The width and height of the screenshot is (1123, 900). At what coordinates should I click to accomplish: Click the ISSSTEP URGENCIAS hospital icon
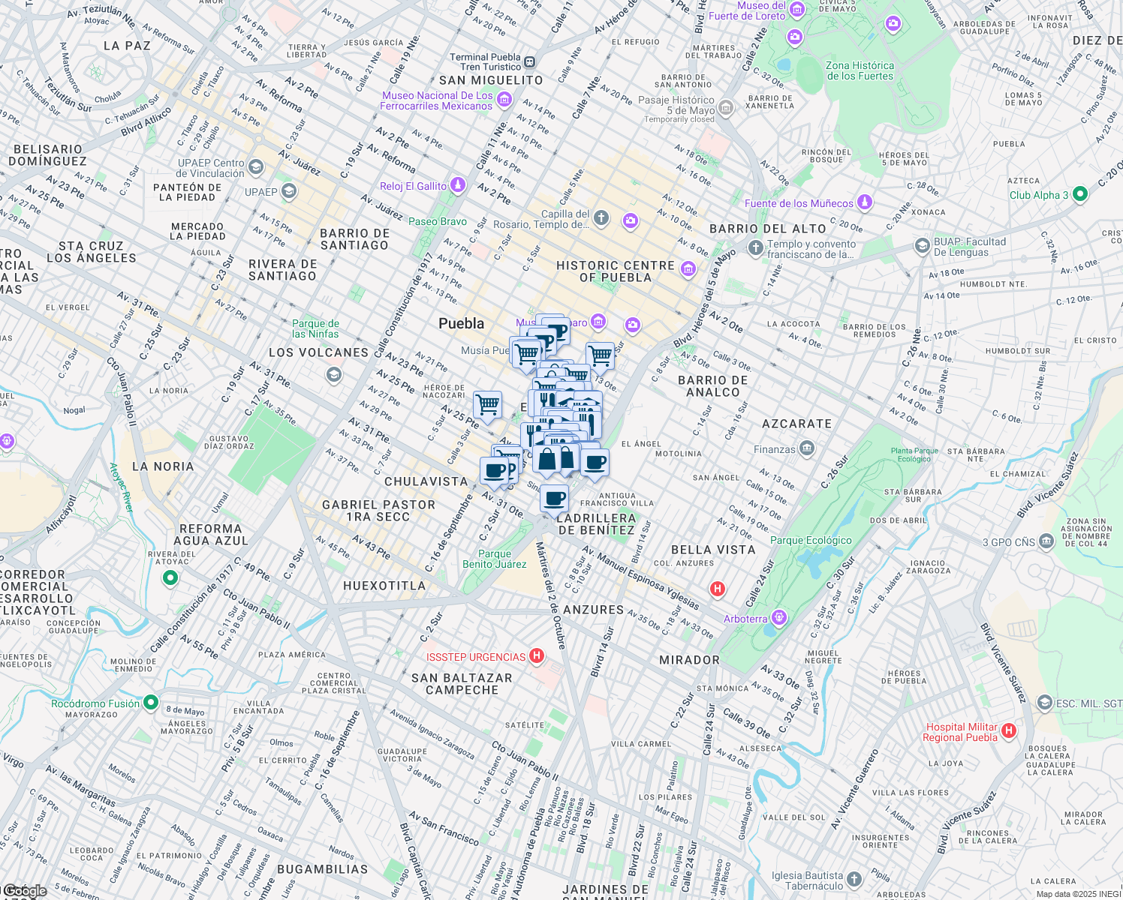pos(536,656)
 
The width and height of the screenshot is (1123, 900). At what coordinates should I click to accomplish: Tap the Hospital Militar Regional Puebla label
pos(962,732)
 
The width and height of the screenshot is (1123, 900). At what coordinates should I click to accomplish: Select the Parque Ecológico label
pos(811,540)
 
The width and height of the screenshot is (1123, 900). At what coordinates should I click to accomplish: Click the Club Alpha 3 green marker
pos(1079,194)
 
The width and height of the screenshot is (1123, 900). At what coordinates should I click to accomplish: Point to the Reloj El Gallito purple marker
pos(458,185)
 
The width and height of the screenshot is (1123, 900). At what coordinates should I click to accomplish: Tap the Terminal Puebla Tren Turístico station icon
pos(530,61)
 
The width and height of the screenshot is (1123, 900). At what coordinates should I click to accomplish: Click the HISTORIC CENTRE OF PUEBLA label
pos(615,271)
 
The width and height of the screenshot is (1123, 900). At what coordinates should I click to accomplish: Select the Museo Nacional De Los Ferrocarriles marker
pos(504,99)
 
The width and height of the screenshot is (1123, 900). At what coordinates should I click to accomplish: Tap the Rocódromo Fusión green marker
pos(150,703)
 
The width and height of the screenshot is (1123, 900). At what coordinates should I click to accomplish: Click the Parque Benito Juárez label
pos(494,559)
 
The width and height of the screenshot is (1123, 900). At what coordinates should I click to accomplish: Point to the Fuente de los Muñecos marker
pos(865,202)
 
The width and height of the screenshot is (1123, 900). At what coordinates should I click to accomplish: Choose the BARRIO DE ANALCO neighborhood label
pos(712,385)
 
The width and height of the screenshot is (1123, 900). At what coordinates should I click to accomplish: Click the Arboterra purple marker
pos(779,618)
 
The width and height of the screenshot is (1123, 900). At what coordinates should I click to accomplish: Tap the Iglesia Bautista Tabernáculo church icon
pos(854,879)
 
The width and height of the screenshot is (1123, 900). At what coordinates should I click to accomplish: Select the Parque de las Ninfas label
pos(315,328)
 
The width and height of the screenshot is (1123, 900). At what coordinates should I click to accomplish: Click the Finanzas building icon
pos(806,448)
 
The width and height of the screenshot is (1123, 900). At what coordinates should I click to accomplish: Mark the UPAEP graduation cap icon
pos(288,191)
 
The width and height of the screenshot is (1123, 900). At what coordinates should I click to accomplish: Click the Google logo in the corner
pos(24,891)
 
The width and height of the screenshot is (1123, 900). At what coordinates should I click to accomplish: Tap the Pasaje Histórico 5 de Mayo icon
pos(725,108)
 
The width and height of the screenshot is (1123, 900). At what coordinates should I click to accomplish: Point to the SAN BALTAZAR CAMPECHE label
pos(462,683)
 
